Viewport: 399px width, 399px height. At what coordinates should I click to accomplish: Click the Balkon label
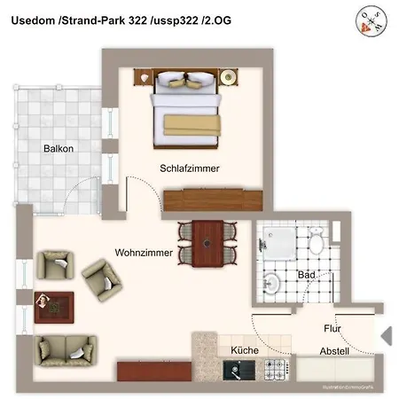(58, 149)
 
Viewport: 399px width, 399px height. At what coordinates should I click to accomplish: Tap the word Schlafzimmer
(190, 168)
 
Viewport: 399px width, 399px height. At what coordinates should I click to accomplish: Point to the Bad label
(307, 275)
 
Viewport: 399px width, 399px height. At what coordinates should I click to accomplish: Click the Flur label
(332, 329)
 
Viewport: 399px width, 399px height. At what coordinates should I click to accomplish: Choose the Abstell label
(334, 351)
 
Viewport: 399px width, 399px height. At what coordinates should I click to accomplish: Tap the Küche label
(245, 351)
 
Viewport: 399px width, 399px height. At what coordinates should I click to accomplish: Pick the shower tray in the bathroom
(275, 240)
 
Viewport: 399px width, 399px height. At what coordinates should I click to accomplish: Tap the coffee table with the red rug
(54, 306)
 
